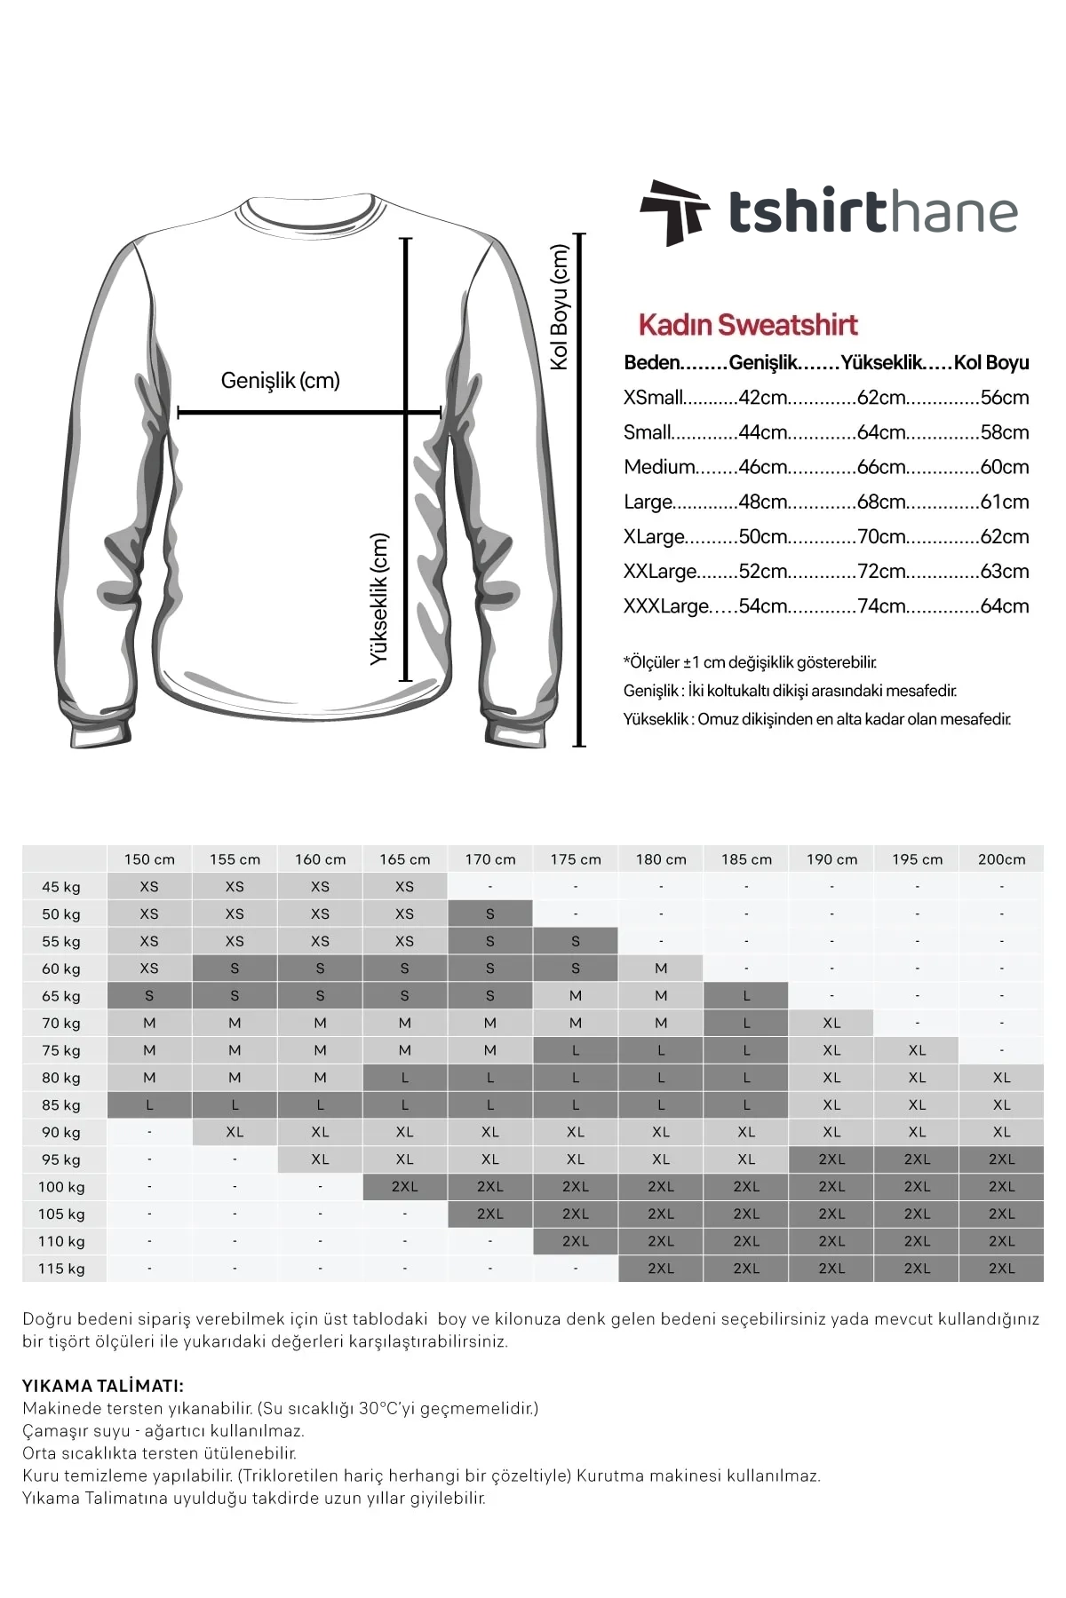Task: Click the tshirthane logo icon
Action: tap(673, 212)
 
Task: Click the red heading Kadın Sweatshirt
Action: tap(748, 325)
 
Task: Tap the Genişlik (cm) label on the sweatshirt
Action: tap(280, 381)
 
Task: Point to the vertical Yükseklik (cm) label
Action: tap(380, 598)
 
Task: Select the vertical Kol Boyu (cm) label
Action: tap(559, 307)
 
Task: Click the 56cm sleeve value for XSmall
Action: tap(1004, 398)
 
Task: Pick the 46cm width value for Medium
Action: tap(762, 467)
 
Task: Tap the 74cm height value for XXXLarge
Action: tap(881, 606)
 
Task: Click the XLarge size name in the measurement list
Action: tap(654, 537)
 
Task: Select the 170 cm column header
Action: tap(490, 859)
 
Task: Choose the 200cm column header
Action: tap(1001, 859)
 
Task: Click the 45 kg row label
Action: tap(61, 887)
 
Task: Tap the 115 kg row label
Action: tap(61, 1269)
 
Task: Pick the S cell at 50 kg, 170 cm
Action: tap(490, 914)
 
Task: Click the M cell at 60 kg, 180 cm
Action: tap(661, 969)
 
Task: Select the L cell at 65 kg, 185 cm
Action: tap(746, 996)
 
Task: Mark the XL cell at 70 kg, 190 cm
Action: tap(831, 1023)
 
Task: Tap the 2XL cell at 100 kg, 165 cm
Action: tap(405, 1187)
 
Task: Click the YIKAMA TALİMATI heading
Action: tap(103, 1386)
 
